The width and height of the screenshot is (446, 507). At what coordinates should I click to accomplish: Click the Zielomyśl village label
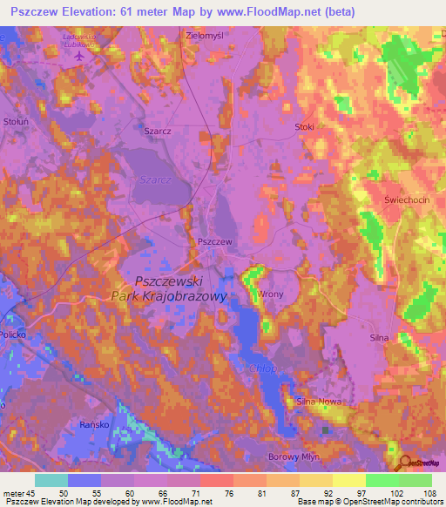click(x=206, y=36)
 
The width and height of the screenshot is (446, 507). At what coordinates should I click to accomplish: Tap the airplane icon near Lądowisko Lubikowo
click(x=80, y=55)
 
